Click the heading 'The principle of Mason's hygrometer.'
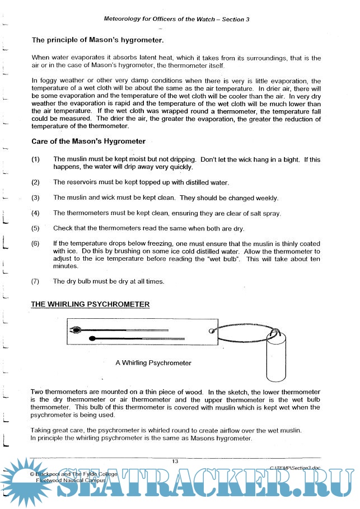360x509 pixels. (x=97, y=40)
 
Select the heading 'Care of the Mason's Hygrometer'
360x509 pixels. (x=88, y=141)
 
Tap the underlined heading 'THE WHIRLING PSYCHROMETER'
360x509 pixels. (x=90, y=304)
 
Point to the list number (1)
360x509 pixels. (x=36, y=159)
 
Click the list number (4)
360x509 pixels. (x=36, y=213)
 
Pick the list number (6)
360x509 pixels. (x=36, y=244)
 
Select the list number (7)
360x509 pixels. (x=36, y=281)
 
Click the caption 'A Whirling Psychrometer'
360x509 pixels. (x=153, y=363)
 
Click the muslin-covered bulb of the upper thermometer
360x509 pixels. (x=75, y=330)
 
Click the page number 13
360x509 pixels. (x=175, y=461)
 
